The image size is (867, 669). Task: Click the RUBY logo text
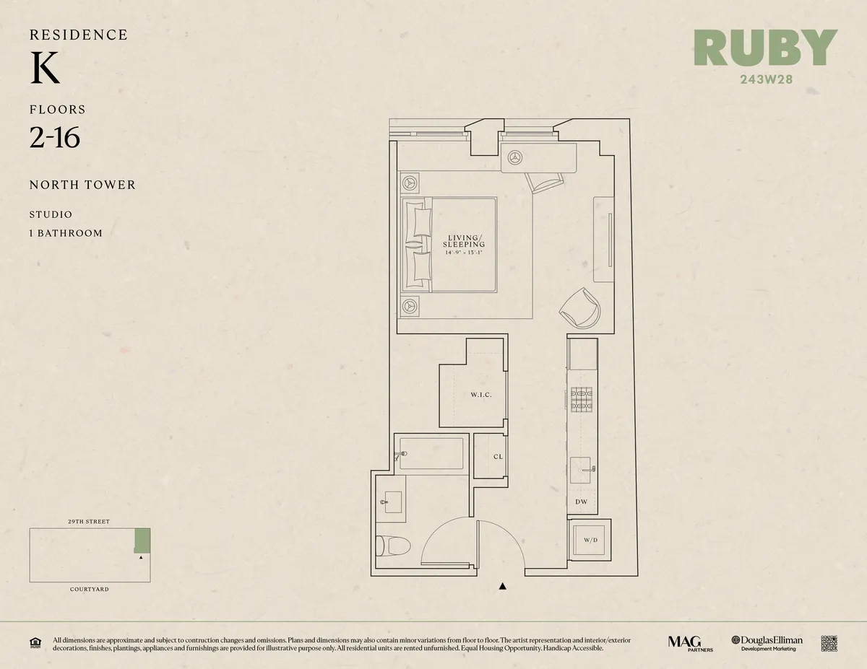pyautogui.click(x=765, y=48)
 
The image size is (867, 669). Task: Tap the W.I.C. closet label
pyautogui.click(x=481, y=395)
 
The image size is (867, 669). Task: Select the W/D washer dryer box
pyautogui.click(x=590, y=540)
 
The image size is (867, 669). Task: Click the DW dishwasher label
pyautogui.click(x=581, y=502)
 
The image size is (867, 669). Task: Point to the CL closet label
pyautogui.click(x=498, y=457)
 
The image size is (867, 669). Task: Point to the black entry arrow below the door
pyautogui.click(x=503, y=587)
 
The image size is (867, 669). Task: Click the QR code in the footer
pyautogui.click(x=829, y=644)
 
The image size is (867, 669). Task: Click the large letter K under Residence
pyautogui.click(x=45, y=69)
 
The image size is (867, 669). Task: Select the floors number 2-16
pyautogui.click(x=55, y=137)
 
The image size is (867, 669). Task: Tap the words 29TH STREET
pyautogui.click(x=90, y=521)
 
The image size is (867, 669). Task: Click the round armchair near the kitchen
pyautogui.click(x=580, y=309)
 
